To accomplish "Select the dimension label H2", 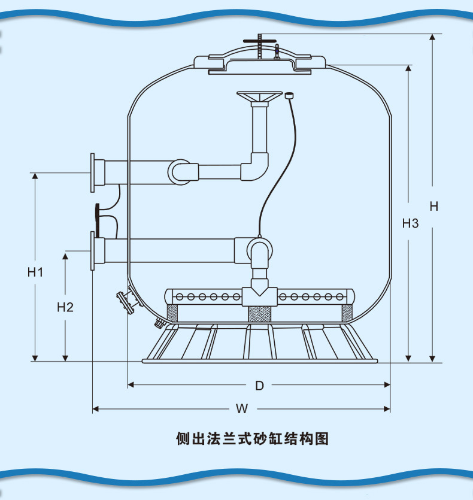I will (65, 307).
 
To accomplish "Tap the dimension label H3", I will (410, 223).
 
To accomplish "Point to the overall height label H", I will (434, 206).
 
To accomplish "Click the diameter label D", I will (259, 386).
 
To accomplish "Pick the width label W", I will (241, 410).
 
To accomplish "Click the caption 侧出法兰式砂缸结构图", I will (252, 439).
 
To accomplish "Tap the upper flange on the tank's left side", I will (93, 172).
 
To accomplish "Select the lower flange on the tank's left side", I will (93, 251).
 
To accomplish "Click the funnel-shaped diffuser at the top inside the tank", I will (259, 98).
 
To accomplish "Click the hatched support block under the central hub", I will (259, 313).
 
